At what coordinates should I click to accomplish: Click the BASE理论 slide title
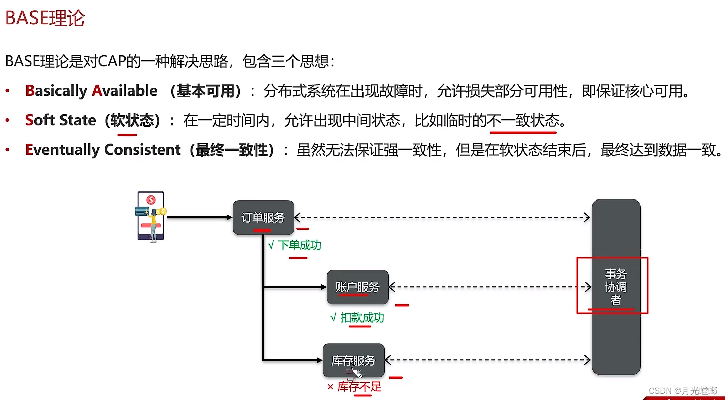coord(45,19)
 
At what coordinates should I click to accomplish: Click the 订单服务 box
coord(263,217)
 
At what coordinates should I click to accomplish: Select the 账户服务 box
coord(357,287)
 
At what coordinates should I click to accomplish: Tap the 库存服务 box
coord(353,360)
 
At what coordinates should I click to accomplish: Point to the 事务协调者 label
coord(615,287)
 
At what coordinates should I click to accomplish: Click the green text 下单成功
coord(299,245)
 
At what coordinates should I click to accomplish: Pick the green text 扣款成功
coord(362,318)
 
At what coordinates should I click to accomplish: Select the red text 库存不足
coord(359,387)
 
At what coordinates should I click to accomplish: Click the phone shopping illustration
coord(151,217)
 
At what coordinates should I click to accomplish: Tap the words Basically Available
coord(91,91)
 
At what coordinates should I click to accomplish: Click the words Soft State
coord(60,120)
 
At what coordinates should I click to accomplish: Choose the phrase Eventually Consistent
coord(103,150)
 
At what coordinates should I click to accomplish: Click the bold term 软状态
coord(132,120)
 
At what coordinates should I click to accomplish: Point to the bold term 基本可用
coord(206,91)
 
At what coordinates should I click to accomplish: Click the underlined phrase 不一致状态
coord(523,120)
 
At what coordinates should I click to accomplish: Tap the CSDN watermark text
coord(683,390)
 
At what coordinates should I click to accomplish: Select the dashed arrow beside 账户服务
coord(489,287)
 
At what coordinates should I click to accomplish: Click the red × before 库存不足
coord(330,387)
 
